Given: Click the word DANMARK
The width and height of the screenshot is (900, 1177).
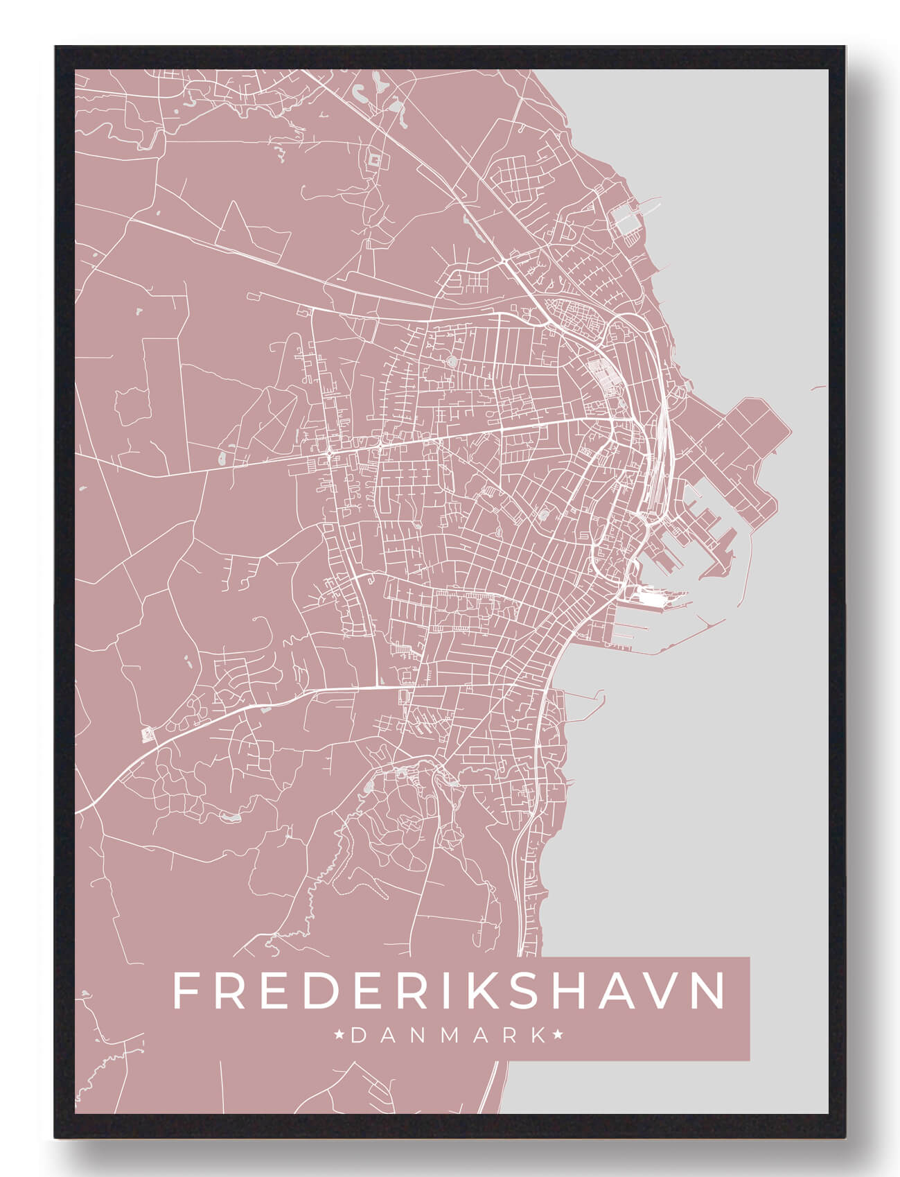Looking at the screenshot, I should [x=449, y=1036].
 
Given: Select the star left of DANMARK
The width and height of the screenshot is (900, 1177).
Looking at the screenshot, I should [x=339, y=1036].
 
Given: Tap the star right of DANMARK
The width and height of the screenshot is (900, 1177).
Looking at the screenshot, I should [x=558, y=1036].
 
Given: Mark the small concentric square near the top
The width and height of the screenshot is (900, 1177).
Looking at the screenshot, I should [x=375, y=161].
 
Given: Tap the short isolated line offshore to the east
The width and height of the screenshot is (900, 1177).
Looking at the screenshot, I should [x=818, y=387].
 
